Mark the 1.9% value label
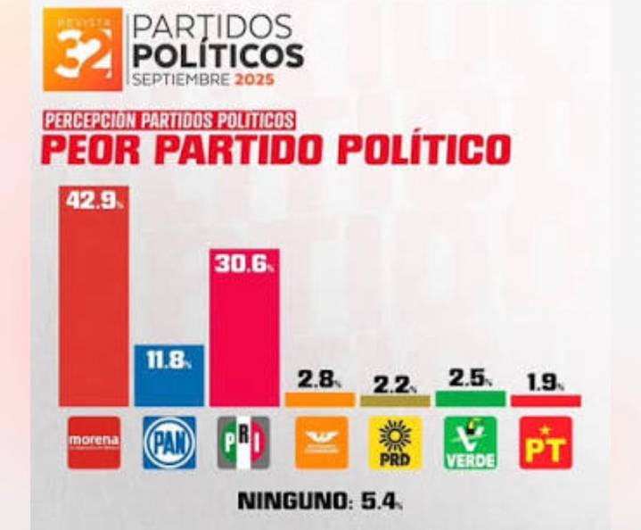coord(544,383)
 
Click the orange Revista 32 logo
coord(83,51)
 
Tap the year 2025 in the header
coord(253,79)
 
